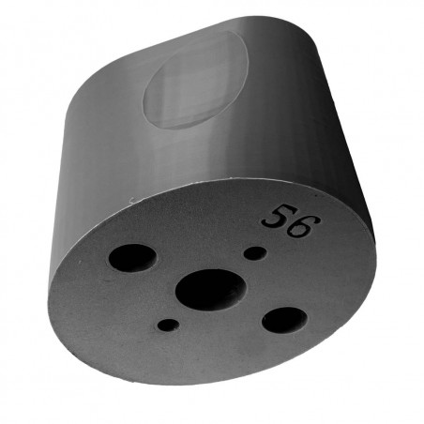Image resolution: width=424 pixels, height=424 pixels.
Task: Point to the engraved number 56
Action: pyautogui.click(x=292, y=220)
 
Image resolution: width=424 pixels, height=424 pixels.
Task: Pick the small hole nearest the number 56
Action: pyautogui.click(x=253, y=252)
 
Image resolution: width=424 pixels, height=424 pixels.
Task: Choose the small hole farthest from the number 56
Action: pyautogui.click(x=168, y=326)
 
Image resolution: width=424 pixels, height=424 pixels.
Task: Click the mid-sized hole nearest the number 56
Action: pyautogui.click(x=283, y=321)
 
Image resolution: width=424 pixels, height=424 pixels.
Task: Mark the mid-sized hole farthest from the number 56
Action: pyautogui.click(x=132, y=257)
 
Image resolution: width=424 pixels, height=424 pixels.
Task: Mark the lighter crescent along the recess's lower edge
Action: pyautogui.click(x=188, y=120)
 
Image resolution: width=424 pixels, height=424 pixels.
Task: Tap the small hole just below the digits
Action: pyautogui.click(x=253, y=252)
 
